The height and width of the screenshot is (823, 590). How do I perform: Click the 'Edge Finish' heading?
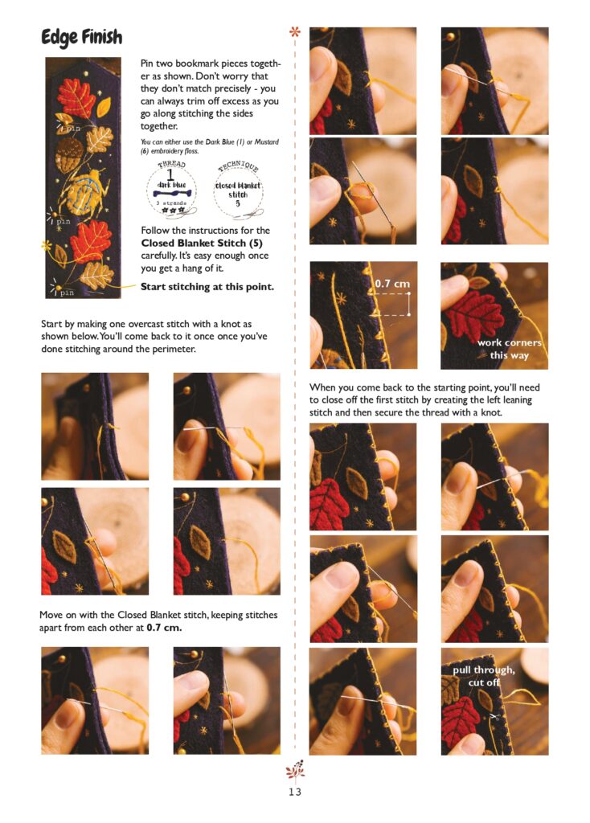point(81,37)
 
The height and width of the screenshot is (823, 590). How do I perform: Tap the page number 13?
point(295,792)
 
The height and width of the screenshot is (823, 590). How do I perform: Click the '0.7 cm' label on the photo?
point(392,284)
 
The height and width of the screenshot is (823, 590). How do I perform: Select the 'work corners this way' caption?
point(509,349)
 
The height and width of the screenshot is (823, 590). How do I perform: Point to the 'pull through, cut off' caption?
point(483,676)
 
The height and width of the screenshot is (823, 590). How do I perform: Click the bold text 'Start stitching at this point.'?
point(207,287)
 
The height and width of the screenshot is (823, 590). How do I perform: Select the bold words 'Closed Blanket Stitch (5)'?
point(202,243)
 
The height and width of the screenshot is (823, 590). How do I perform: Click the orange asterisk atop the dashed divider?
point(295,32)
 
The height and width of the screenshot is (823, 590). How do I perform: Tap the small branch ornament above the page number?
point(295,771)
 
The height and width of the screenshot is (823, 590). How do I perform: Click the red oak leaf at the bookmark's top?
point(76,97)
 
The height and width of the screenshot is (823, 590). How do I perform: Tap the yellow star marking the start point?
point(47,245)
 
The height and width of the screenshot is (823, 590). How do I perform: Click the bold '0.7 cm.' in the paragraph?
point(164,628)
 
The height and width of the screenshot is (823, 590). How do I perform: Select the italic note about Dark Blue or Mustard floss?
point(210,146)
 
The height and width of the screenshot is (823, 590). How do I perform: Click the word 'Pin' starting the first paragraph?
point(147,63)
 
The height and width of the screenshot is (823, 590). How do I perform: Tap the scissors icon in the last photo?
point(494,716)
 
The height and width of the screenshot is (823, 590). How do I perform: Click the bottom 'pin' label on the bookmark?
point(65,293)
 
